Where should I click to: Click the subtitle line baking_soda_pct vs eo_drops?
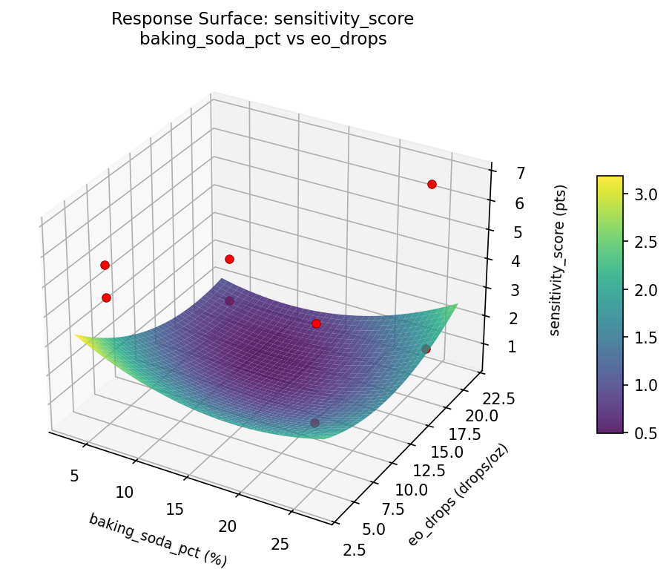(263, 39)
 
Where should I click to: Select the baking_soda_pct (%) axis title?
(157, 539)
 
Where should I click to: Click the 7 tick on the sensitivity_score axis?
(501, 174)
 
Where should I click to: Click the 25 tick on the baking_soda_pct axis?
(280, 545)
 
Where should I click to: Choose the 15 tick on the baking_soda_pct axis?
(175, 510)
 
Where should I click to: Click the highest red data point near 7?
(432, 184)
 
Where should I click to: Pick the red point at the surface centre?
(316, 323)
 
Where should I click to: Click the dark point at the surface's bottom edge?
(314, 423)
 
